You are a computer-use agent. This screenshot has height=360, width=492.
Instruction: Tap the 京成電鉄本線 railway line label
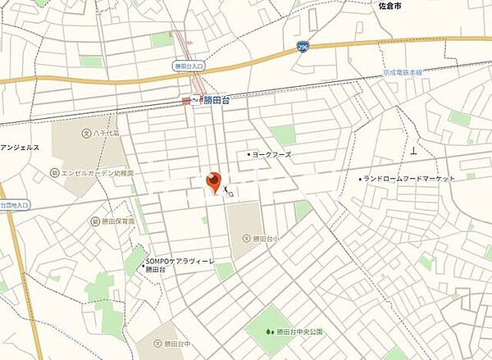click(407, 73)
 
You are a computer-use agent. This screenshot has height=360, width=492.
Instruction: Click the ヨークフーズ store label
click(272, 153)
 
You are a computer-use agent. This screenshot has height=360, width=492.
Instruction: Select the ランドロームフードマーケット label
click(408, 178)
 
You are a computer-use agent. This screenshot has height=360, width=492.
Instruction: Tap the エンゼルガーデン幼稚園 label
click(97, 173)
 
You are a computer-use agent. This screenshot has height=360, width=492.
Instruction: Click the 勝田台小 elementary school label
click(265, 238)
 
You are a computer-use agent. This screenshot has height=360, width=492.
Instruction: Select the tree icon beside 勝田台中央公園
click(272, 331)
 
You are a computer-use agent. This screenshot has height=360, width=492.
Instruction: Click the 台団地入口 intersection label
click(14, 205)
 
